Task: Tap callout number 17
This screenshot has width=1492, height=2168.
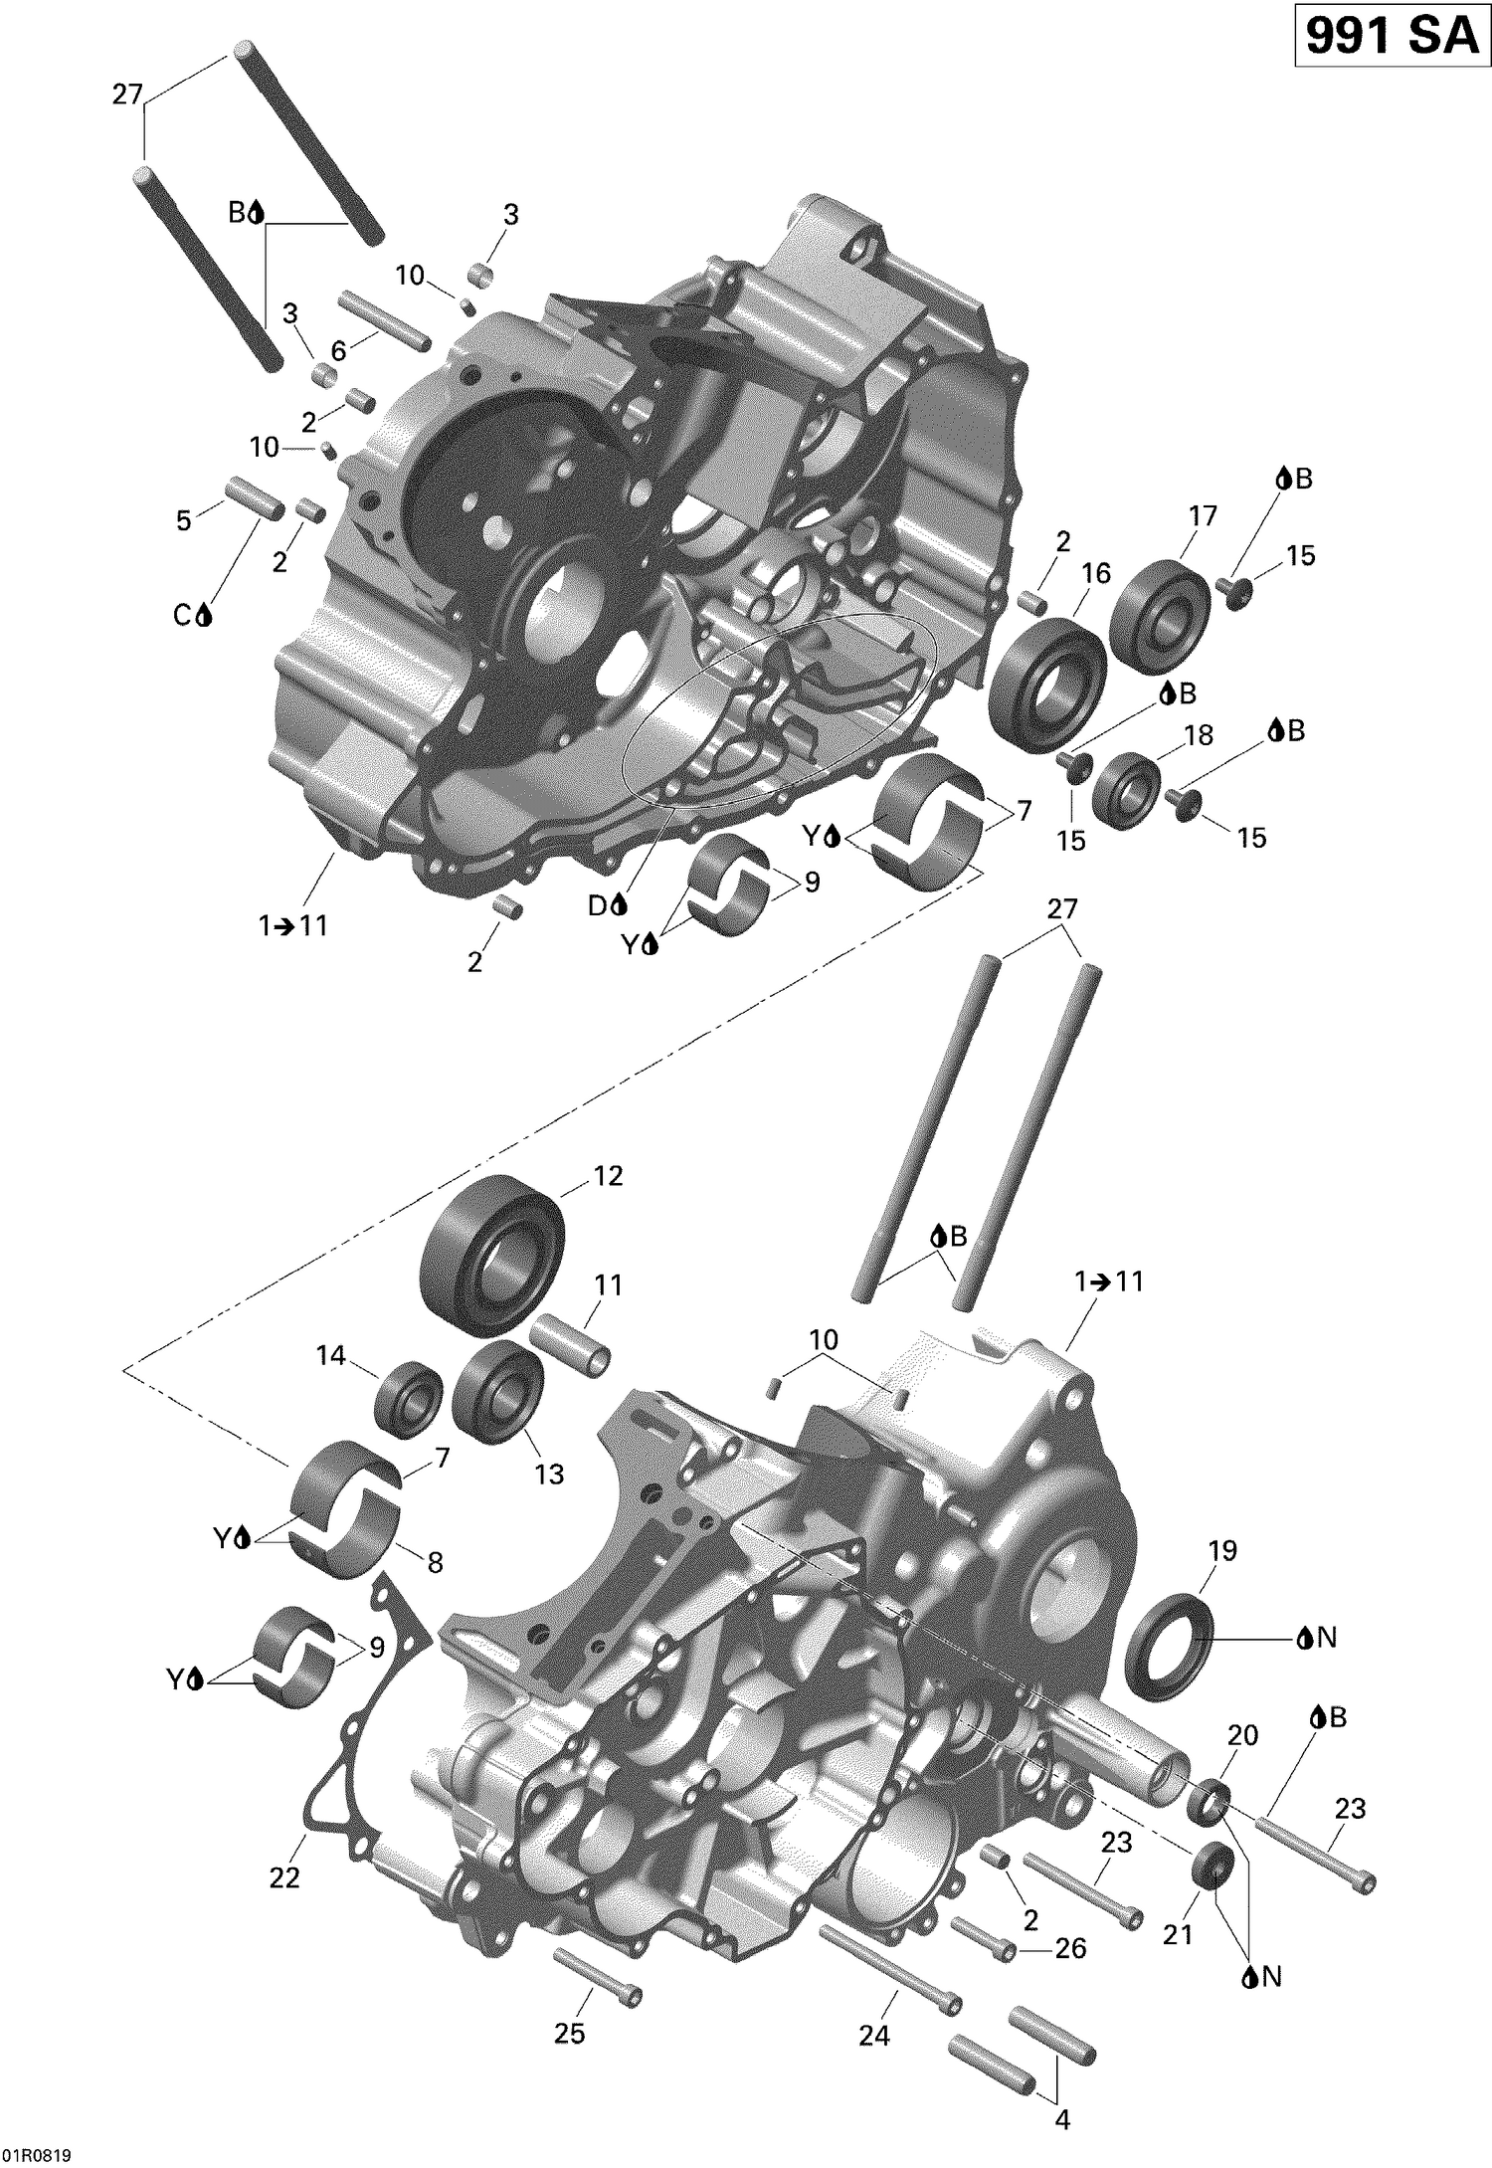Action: point(1202,515)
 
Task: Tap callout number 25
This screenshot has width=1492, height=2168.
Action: point(569,2034)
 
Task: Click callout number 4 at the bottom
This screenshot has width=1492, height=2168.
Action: point(1061,2119)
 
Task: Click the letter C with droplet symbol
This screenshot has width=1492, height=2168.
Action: point(192,616)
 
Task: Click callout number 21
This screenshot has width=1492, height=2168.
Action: point(1178,1933)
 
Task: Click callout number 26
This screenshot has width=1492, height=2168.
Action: point(1070,1947)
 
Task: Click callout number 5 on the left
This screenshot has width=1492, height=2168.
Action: point(184,519)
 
